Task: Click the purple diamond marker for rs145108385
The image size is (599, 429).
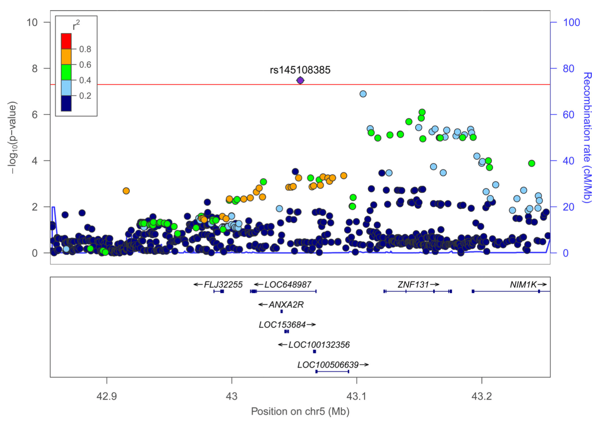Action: tap(300, 80)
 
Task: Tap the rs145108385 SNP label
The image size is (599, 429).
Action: tap(300, 70)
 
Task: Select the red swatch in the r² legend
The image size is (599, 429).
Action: tap(66, 41)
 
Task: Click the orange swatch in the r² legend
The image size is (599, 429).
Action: tap(66, 57)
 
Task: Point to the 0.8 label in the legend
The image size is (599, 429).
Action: tap(85, 49)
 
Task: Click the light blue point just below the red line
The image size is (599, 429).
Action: tap(363, 94)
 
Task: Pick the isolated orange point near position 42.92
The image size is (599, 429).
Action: tap(126, 191)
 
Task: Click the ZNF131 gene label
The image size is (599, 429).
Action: tap(413, 285)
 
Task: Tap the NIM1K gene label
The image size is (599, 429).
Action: tap(523, 285)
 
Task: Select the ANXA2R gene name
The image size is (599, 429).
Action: tap(286, 305)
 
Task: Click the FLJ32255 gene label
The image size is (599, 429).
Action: tap(223, 285)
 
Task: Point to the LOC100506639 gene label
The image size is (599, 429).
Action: tap(328, 365)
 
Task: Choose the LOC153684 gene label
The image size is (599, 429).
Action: tap(282, 325)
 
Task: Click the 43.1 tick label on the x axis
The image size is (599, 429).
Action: tap(356, 396)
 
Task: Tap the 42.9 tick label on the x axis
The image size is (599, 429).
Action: tap(107, 396)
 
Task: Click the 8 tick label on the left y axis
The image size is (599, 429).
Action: tap(35, 68)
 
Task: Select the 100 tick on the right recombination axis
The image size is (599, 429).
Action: tap(572, 22)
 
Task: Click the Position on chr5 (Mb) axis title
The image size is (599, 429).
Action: tap(300, 411)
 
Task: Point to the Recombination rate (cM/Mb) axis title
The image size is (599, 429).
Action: tap(587, 137)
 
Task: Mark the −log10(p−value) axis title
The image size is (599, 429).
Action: tap(13, 137)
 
